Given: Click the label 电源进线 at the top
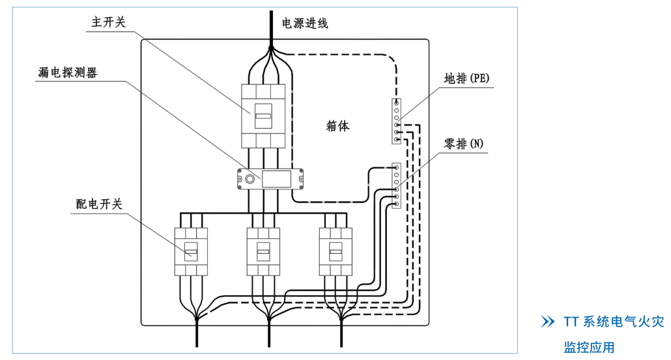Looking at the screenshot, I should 305,24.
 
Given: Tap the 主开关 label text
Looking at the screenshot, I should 108,22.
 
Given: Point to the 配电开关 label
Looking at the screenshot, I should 99,204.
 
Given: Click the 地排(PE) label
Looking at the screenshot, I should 466,79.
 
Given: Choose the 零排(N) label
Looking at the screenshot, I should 464,144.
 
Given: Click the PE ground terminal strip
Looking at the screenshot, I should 396,121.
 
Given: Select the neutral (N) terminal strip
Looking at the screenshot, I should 396,186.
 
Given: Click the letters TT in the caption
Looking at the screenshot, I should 571,322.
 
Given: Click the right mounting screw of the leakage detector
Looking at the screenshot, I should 300,178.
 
